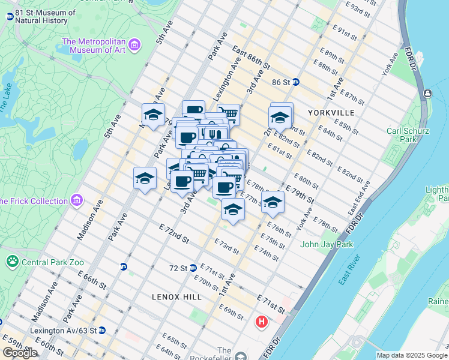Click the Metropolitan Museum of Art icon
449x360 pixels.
(x=134, y=46)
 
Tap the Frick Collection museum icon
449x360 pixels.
(x=76, y=200)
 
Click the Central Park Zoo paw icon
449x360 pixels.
(x=11, y=262)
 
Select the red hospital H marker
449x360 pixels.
(x=262, y=322)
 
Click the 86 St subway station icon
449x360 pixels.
(x=296, y=82)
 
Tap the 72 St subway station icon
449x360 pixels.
(x=193, y=268)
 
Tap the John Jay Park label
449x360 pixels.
(x=327, y=244)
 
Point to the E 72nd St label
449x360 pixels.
(x=175, y=235)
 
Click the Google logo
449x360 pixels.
(x=20, y=352)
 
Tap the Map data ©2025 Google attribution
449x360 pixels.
(x=412, y=355)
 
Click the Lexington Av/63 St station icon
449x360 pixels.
(x=102, y=330)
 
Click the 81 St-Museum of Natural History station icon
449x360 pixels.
(x=10, y=16)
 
